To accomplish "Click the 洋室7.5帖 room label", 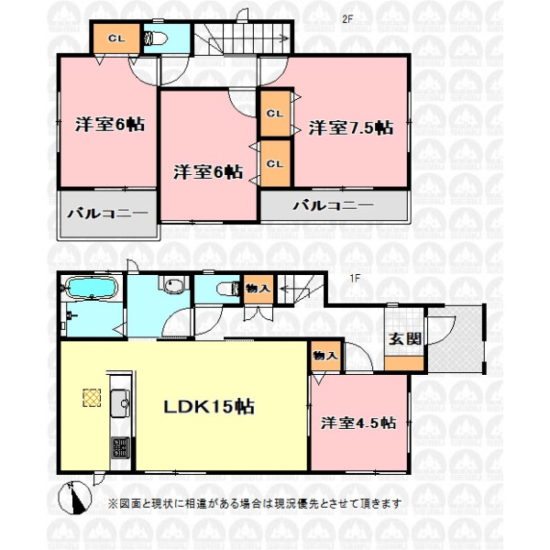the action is pyautogui.click(x=351, y=127).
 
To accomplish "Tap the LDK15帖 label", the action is pyautogui.click(x=209, y=406).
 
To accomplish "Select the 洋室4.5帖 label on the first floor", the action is pyautogui.click(x=358, y=423).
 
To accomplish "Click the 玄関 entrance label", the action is pyautogui.click(x=405, y=338).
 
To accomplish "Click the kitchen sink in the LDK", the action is pyautogui.click(x=120, y=403).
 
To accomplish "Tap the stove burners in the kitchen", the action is pyautogui.click(x=120, y=447).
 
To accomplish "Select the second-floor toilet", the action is pyautogui.click(x=154, y=38).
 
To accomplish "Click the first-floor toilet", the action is pyautogui.click(x=228, y=290).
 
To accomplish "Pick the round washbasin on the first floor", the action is pyautogui.click(x=173, y=285).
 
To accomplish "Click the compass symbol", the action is pyautogui.click(x=74, y=498).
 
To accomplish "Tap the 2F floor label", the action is pyautogui.click(x=347, y=19).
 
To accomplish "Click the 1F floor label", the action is pyautogui.click(x=355, y=278).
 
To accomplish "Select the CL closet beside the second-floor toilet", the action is pyautogui.click(x=116, y=38).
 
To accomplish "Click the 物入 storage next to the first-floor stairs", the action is pyautogui.click(x=258, y=290).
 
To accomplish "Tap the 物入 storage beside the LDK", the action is pyautogui.click(x=325, y=357).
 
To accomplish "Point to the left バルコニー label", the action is pyautogui.click(x=107, y=214).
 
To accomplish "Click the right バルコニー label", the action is pyautogui.click(x=334, y=205).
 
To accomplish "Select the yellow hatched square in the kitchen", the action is pyautogui.click(x=92, y=398).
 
